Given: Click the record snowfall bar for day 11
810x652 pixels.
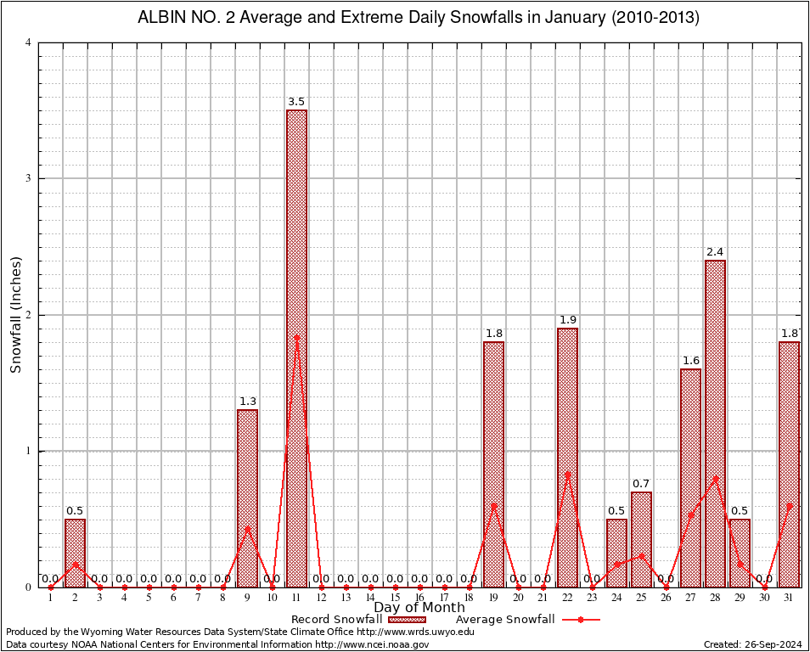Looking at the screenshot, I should pos(296,348).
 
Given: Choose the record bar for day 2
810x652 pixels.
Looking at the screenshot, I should pos(75,553).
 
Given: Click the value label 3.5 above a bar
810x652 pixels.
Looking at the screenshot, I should pos(296,102).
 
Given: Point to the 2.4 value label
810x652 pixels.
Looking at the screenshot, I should pos(715,252).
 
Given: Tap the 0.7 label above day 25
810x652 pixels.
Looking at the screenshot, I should pos(641,484).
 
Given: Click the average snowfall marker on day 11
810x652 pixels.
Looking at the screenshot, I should pos(296,338).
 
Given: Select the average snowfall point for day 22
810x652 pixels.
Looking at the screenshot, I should pos(567,475).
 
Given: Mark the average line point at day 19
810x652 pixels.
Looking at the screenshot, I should pos(493,506).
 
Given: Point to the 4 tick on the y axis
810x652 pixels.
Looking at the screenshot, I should pos(29,42).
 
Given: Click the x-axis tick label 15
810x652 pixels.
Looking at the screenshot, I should pos(395,599).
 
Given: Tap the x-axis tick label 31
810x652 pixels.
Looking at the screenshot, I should pos(789,599).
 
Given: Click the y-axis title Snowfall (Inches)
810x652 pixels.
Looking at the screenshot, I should pos(15,315).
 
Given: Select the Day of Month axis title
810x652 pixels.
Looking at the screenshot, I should pos(419,608).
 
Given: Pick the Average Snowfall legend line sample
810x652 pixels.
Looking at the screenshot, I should pos(580,620).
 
